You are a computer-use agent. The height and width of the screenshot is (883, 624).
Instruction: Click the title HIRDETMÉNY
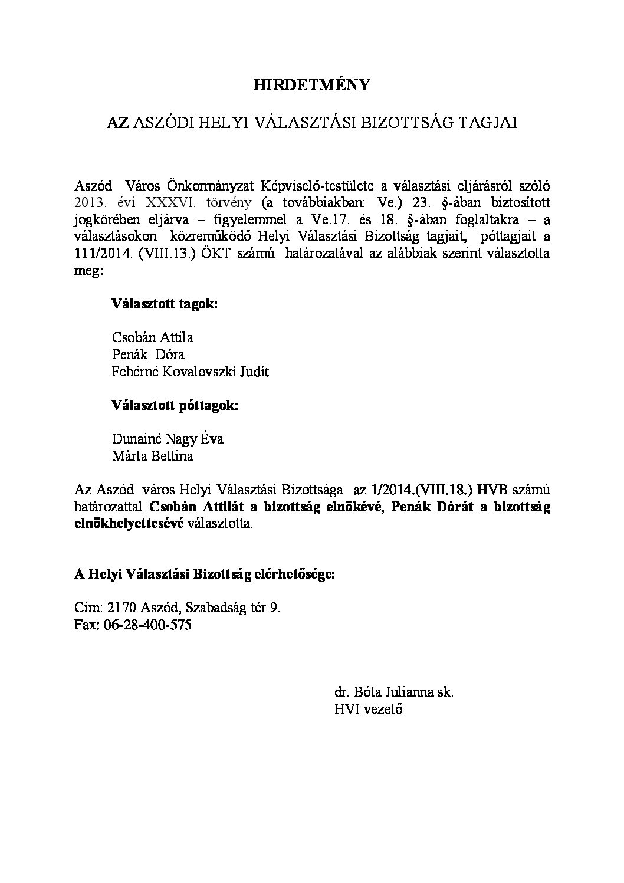pyautogui.click(x=311, y=86)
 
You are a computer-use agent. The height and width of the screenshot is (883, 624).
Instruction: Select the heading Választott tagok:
pyautogui.click(x=164, y=304)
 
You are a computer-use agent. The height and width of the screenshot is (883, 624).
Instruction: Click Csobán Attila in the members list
pyautogui.click(x=152, y=338)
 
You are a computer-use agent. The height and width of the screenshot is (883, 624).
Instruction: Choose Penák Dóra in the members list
pyautogui.click(x=148, y=355)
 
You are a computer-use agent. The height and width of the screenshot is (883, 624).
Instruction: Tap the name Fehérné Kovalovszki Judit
pyautogui.click(x=190, y=372)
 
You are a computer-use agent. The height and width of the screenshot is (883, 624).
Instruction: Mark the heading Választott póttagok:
pyautogui.click(x=175, y=406)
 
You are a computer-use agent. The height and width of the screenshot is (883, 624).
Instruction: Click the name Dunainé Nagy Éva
pyautogui.click(x=168, y=439)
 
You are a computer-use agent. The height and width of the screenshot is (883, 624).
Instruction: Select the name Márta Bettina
pyautogui.click(x=152, y=457)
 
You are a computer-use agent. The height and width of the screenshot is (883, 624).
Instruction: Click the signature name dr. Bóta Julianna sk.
pyautogui.click(x=393, y=692)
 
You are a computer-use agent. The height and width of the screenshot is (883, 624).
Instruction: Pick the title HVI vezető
pyautogui.click(x=368, y=709)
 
